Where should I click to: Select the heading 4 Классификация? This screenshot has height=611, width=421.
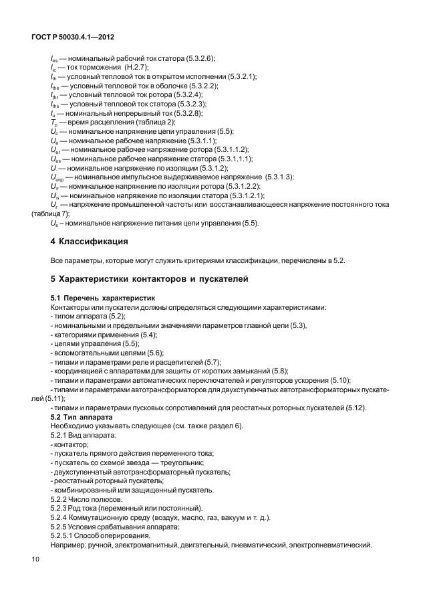pyautogui.click(x=89, y=240)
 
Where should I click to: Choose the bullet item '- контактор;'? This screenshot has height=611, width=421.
pyautogui.click(x=70, y=444)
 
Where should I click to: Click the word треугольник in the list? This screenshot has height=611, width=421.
pyautogui.click(x=182, y=462)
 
